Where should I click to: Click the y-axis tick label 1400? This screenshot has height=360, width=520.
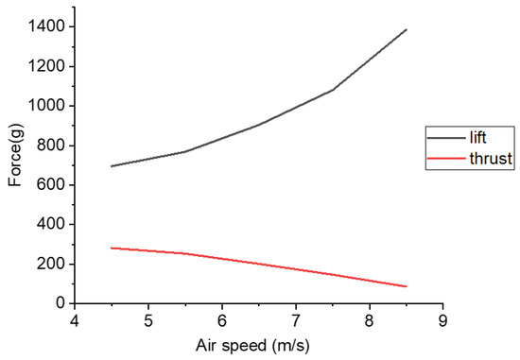46,26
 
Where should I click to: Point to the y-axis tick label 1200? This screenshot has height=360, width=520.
46,66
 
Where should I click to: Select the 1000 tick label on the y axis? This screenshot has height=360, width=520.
46,106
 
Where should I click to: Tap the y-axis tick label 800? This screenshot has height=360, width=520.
50,146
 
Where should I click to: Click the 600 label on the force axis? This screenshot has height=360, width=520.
50,184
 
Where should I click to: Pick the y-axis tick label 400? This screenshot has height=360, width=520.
50,224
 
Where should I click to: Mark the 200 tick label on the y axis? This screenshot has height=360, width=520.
50,264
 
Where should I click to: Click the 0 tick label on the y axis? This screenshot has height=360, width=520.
58,303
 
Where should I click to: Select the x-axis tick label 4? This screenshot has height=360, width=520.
74,320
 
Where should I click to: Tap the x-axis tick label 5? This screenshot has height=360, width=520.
147,320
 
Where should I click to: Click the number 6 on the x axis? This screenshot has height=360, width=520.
221,320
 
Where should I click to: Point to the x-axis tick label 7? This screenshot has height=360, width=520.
295,320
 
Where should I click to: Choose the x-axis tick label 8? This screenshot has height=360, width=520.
369,320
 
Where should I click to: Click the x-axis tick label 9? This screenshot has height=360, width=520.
442,320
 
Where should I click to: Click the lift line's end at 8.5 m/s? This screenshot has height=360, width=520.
407,29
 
